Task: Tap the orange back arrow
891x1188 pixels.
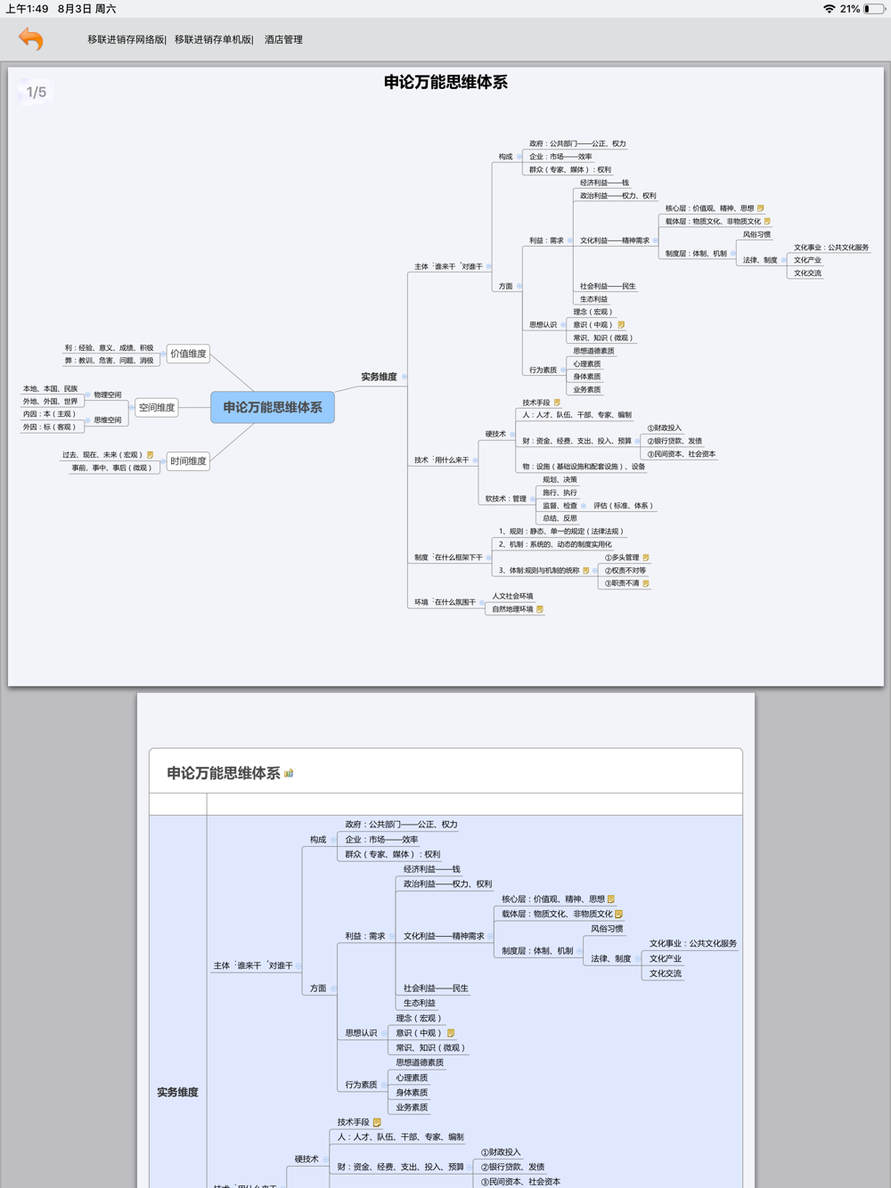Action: coord(31,39)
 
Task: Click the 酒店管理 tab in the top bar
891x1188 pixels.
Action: coord(283,40)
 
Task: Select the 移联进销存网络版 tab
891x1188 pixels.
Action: coord(126,40)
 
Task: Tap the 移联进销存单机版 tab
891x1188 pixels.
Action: coord(213,40)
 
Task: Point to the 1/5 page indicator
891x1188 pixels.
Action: coord(37,93)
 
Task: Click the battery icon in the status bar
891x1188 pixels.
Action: coord(872,9)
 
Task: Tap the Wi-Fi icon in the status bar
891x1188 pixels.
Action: coord(829,9)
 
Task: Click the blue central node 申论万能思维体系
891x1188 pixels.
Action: coord(273,407)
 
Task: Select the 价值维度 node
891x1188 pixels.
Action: coord(188,354)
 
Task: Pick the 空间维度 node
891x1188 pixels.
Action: coord(157,408)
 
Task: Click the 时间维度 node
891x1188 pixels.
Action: coord(188,461)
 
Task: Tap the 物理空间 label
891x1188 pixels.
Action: coord(108,395)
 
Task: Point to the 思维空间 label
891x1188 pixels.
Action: coord(108,420)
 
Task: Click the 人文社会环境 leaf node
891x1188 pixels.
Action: coord(512,597)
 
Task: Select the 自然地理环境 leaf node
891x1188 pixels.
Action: coord(512,610)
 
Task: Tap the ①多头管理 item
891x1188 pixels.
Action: coord(622,557)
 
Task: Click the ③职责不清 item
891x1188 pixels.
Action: coord(622,583)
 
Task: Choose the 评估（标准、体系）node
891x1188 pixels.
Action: coord(624,506)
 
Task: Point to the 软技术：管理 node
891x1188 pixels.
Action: coord(505,499)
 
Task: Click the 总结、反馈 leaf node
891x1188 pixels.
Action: coord(560,518)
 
